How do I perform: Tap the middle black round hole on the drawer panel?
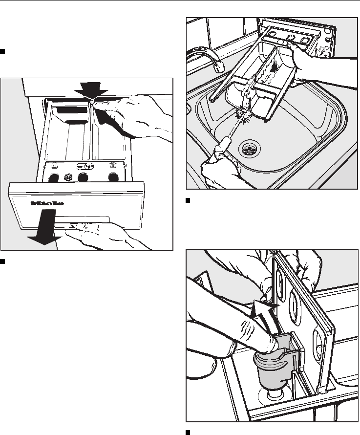click(x=83, y=176)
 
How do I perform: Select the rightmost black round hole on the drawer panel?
click(x=113, y=176)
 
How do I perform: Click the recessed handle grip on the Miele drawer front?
click(x=88, y=219)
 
